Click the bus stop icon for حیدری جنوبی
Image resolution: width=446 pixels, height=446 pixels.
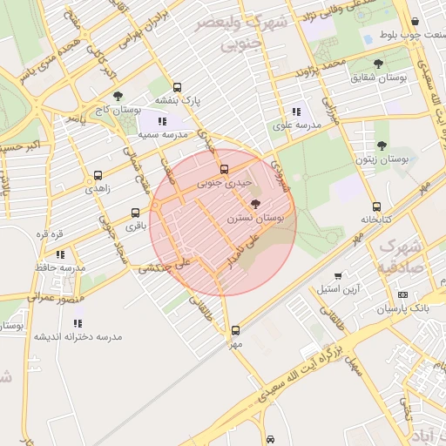[224, 169]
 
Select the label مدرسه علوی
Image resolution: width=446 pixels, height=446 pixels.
[297, 125]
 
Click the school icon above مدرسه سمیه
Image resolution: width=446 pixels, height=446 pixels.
[163, 121]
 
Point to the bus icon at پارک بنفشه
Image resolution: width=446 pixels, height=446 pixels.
[178, 87]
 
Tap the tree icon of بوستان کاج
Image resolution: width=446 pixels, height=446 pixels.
[118, 97]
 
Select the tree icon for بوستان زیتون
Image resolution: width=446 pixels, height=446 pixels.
[382, 145]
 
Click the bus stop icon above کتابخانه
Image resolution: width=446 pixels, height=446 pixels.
[376, 207]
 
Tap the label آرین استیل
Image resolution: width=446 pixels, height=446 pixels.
[338, 288]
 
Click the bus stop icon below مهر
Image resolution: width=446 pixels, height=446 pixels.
[236, 330]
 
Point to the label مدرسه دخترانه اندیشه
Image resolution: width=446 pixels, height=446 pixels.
[78, 336]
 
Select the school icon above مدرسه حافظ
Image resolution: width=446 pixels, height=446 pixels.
[60, 254]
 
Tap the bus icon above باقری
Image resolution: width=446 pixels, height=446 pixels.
[135, 212]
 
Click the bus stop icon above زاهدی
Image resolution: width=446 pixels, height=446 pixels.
[97, 174]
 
